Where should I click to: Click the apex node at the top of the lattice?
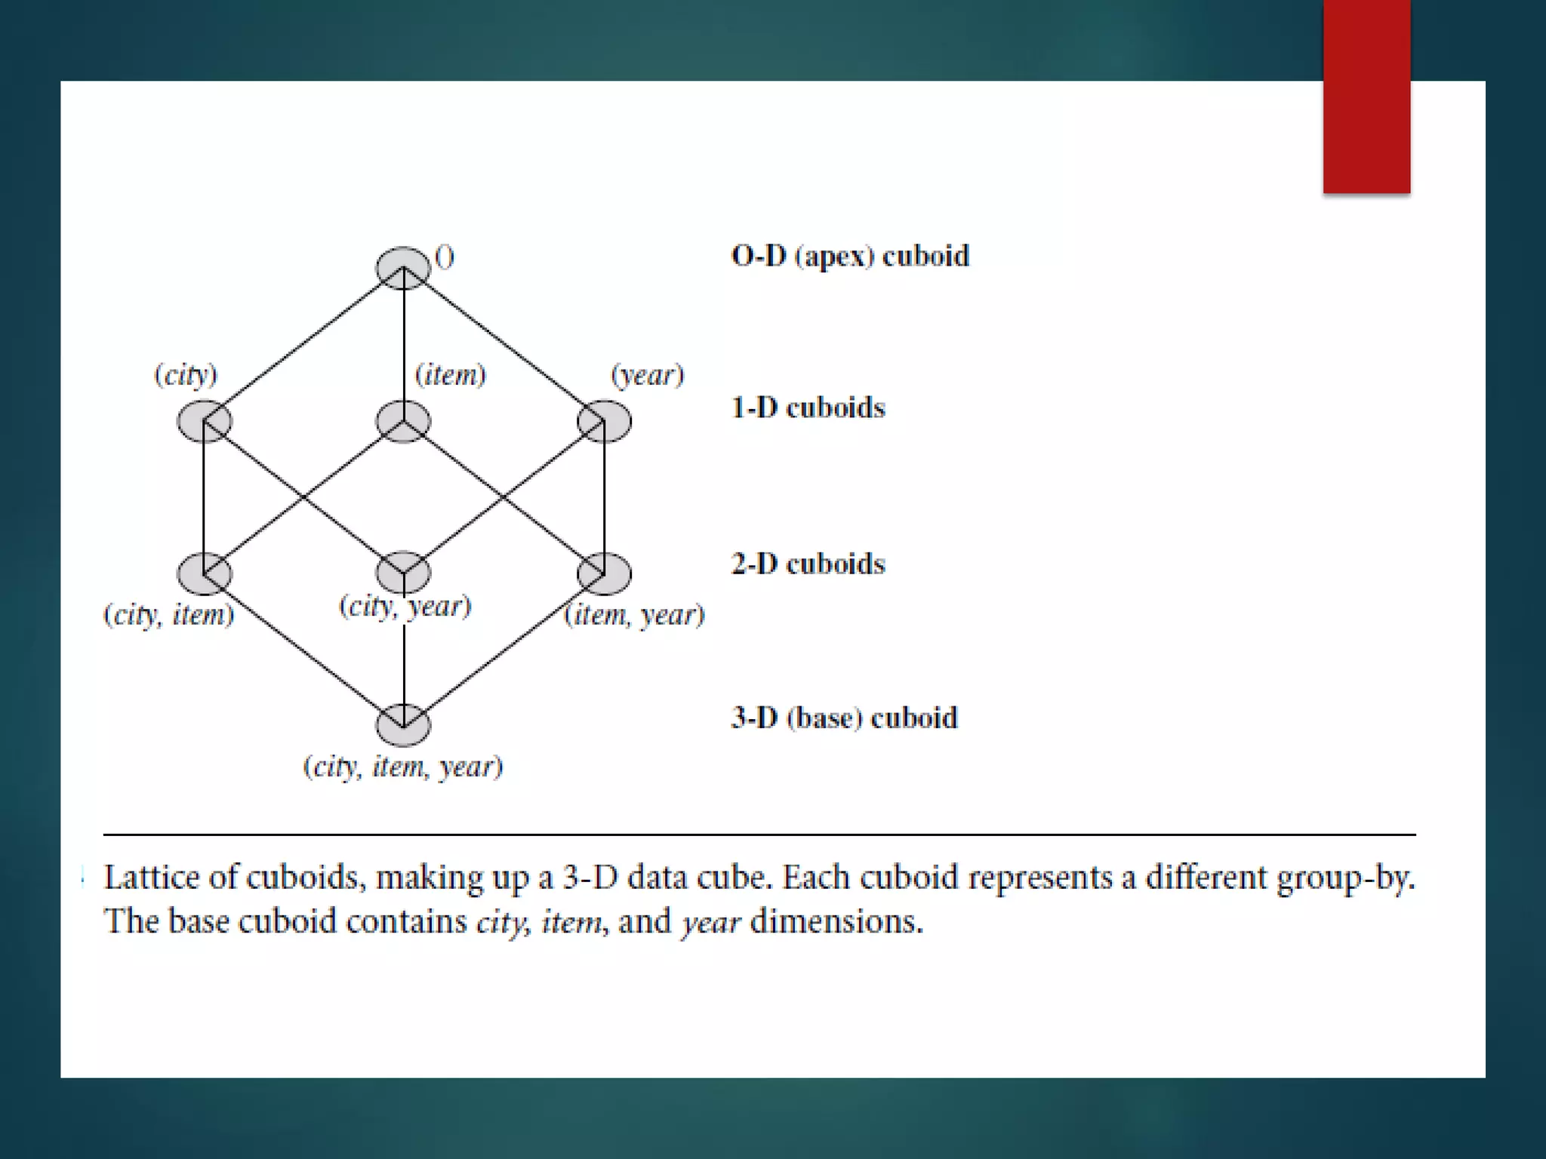click(x=403, y=267)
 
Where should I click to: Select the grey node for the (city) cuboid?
click(x=204, y=421)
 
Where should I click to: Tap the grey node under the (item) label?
click(x=403, y=421)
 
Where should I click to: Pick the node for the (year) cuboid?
click(x=604, y=421)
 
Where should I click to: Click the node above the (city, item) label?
click(x=204, y=573)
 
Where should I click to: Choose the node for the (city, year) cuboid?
click(x=403, y=572)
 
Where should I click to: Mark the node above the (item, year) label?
click(x=604, y=573)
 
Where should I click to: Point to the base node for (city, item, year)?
click(x=403, y=725)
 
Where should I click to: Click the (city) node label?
click(x=186, y=375)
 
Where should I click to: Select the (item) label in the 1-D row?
click(x=451, y=375)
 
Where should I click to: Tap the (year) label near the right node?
click(x=648, y=375)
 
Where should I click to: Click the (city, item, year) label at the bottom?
click(x=403, y=767)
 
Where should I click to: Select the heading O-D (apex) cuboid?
click(x=850, y=257)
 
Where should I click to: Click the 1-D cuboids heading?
click(x=808, y=408)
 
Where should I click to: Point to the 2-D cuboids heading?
click(x=808, y=564)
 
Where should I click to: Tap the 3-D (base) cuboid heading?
click(x=845, y=718)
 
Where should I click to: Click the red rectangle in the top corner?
click(x=1366, y=97)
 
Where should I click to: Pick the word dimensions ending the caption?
click(x=836, y=922)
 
